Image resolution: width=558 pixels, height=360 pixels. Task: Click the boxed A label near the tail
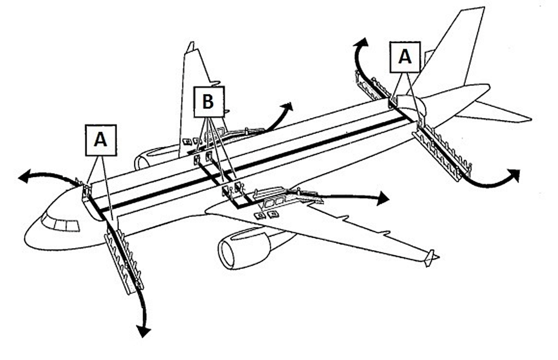point(406,57)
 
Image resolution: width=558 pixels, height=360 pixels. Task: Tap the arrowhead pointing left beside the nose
point(23,177)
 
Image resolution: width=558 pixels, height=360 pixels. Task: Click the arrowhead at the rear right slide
point(514,175)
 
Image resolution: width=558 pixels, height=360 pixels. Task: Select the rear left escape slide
point(373,87)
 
